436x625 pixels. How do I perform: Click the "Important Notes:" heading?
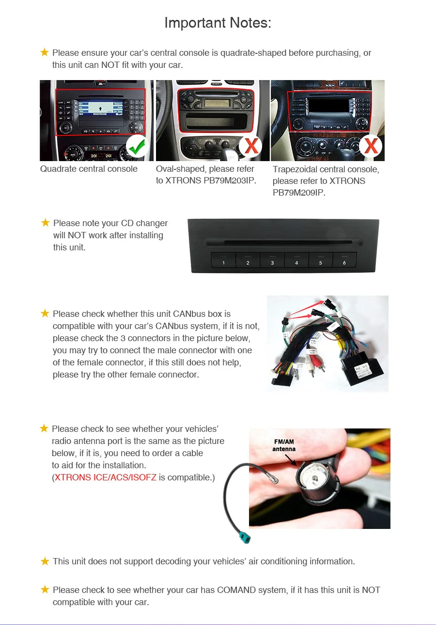coord(218,23)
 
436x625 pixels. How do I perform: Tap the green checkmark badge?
coord(138,146)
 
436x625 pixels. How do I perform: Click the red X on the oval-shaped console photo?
coord(251,146)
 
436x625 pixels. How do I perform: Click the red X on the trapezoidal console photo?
coord(371,146)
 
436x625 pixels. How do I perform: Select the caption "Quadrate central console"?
coord(89,169)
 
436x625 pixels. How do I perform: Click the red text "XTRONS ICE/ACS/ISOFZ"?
coord(105,477)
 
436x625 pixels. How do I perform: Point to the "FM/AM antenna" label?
coord(283,445)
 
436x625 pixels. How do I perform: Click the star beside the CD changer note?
coord(46,223)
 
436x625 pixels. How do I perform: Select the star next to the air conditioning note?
coord(45,561)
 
